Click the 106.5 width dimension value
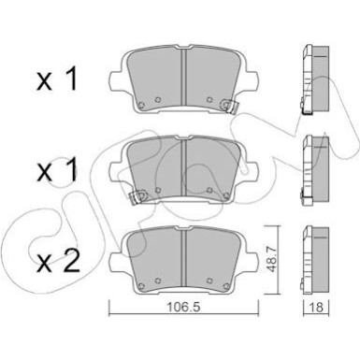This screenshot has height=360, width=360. pos(183,307)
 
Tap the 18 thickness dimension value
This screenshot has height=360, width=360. pos(316,308)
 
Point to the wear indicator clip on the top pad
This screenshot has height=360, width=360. pos(230,106)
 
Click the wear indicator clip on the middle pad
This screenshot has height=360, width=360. pos(137,196)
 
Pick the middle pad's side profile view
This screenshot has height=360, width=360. pos(315,170)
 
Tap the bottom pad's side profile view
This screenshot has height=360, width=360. pos(315,260)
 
